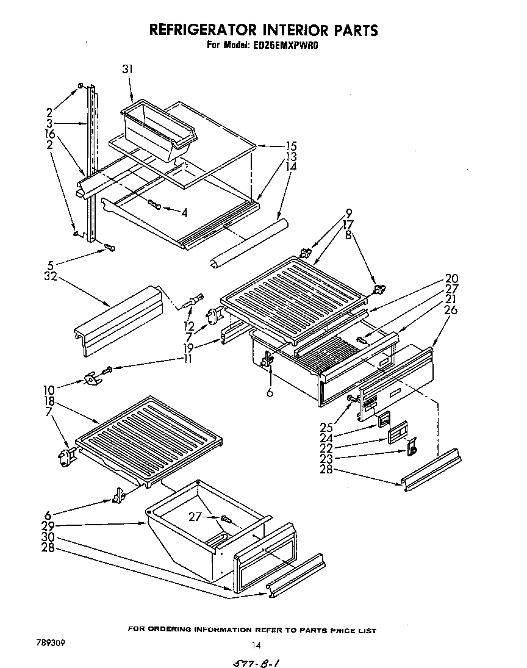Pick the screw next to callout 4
(154, 206)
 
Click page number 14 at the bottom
(256, 645)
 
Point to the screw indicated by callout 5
(110, 247)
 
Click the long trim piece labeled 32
(119, 320)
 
